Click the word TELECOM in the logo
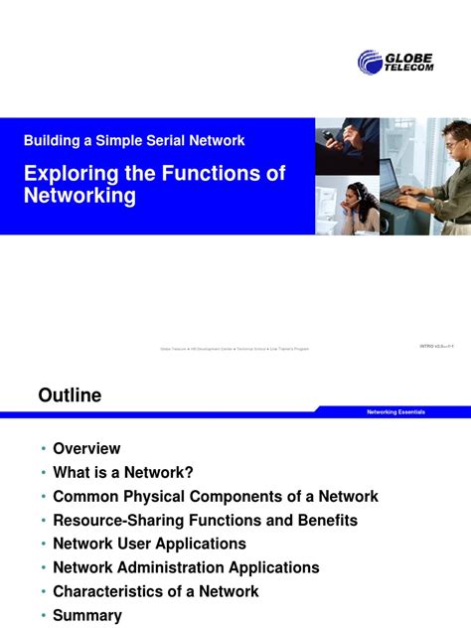pos(409,68)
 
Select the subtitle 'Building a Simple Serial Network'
pos(134,141)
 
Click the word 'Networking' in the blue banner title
pos(79,196)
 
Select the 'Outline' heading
pos(70,395)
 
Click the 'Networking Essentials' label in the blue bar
pos(395,411)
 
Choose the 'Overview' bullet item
pos(86,449)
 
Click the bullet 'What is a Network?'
pos(122,473)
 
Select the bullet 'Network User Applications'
pos(149,545)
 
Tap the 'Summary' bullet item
pos(87,616)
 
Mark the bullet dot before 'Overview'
pos(43,450)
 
